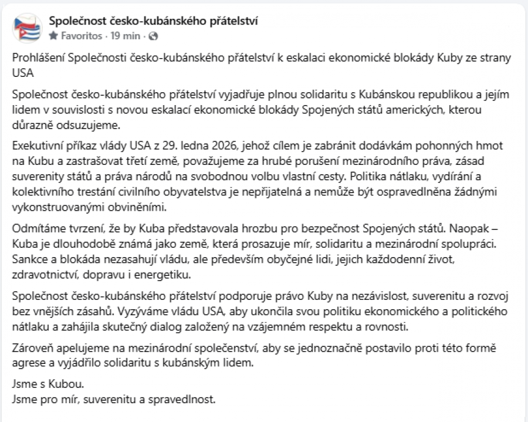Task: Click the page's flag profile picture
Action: coord(27,28)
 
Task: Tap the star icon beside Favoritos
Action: coord(53,36)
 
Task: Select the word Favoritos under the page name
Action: coord(82,36)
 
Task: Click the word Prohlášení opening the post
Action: coord(38,59)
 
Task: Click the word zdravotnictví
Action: coord(43,274)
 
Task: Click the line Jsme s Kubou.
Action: coord(49,385)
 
